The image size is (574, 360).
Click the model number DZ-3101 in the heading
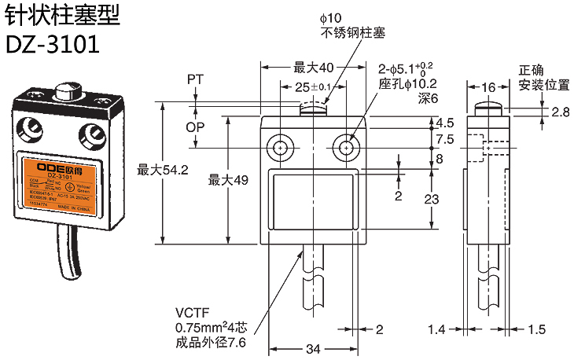(53, 44)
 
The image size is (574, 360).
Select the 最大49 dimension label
(228, 180)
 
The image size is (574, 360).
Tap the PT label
(196, 79)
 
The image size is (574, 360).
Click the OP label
(196, 127)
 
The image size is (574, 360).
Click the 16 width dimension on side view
(487, 86)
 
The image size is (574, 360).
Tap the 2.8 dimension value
(560, 112)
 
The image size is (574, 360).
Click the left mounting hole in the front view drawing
(280, 147)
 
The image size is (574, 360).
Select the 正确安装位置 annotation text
(543, 77)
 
